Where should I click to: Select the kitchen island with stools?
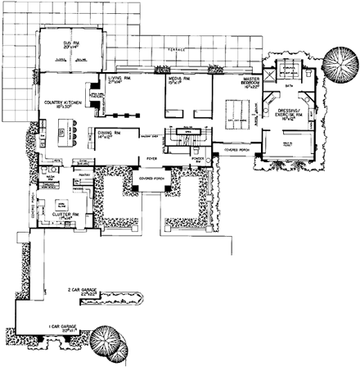click(68, 131)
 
